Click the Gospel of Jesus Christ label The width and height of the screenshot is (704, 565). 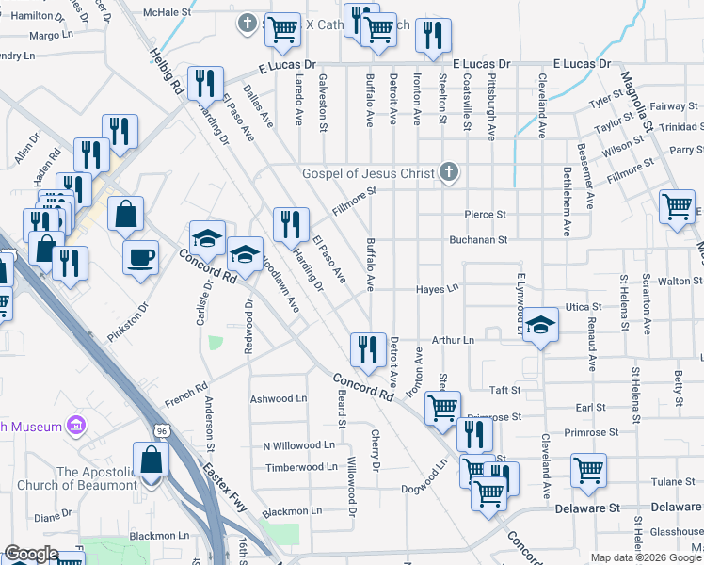click(x=368, y=173)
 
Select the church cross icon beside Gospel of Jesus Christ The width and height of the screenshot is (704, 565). click(x=450, y=172)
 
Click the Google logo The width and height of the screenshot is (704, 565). click(x=30, y=554)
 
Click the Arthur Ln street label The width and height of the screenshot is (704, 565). click(x=453, y=339)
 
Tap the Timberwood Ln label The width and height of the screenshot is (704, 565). click(x=300, y=467)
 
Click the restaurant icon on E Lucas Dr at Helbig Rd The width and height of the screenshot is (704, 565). click(x=204, y=83)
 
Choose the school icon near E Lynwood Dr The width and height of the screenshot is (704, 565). click(x=540, y=325)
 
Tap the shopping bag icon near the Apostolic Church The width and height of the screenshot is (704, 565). click(x=151, y=460)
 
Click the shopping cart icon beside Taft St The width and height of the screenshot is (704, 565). click(x=442, y=408)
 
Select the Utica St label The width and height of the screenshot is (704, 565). click(x=583, y=308)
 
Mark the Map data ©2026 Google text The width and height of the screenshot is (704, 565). click(x=646, y=557)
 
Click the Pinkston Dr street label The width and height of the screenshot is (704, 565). click(x=128, y=321)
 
